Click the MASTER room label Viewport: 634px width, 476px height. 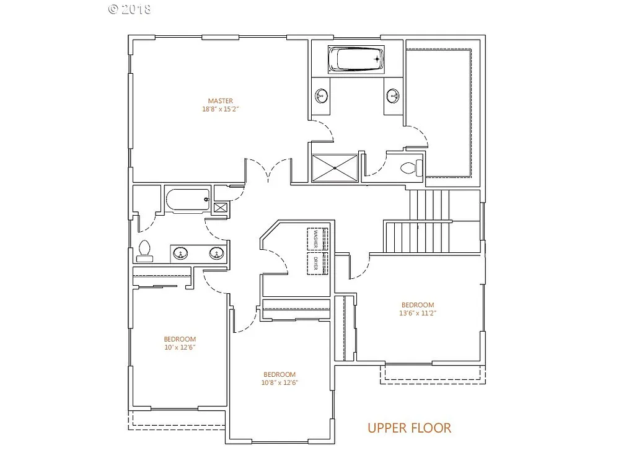pyautogui.click(x=221, y=101)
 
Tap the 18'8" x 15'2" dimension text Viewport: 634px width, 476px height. pyautogui.click(x=221, y=109)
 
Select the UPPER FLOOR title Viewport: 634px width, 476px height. pyautogui.click(x=409, y=428)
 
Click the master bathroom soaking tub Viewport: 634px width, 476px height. pyautogui.click(x=356, y=59)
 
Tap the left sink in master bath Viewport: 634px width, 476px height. pyautogui.click(x=322, y=96)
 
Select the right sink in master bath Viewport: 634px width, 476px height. pyautogui.click(x=393, y=96)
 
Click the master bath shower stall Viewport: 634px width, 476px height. pyautogui.click(x=335, y=167)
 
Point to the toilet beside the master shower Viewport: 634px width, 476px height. pyautogui.click(x=411, y=167)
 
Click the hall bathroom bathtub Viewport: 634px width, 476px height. pyautogui.click(x=187, y=201)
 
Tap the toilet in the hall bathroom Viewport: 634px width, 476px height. pyautogui.click(x=144, y=249)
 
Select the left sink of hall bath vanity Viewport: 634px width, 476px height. pyautogui.click(x=180, y=253)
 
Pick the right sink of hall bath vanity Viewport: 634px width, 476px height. pyautogui.click(x=216, y=253)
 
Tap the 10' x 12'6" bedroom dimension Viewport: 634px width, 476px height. pyautogui.click(x=180, y=348)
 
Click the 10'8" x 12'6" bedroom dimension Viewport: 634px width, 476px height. pyautogui.click(x=279, y=383)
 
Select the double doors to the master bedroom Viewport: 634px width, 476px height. pyautogui.click(x=268, y=170)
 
